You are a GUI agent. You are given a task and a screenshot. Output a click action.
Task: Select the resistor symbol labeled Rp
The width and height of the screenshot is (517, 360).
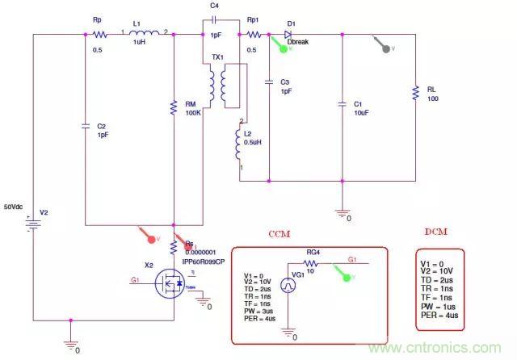100,34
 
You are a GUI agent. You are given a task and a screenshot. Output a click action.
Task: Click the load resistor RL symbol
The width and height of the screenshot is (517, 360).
415,94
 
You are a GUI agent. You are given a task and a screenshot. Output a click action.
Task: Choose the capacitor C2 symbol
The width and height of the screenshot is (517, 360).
85,127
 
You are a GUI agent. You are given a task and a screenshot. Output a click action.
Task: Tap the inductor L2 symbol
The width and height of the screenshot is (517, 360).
239,144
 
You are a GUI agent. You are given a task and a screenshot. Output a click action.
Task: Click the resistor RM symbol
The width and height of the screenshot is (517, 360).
173,105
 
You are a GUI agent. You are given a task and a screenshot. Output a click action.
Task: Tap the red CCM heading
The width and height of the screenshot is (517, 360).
280,233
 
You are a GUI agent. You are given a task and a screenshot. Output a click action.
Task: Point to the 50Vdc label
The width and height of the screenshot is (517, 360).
18,204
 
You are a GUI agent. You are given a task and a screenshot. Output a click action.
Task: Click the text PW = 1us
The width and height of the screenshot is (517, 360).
440,307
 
